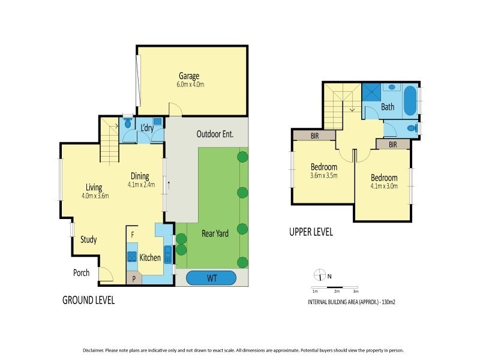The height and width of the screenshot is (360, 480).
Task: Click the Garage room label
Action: (188, 76)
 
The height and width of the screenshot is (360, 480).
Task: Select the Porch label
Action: (81, 273)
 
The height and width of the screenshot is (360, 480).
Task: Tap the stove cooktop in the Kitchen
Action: (132, 257)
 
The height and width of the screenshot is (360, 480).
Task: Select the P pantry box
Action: (133, 278)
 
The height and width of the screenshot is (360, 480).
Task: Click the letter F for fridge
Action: (132, 233)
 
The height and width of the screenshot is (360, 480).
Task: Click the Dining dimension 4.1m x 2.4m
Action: (141, 185)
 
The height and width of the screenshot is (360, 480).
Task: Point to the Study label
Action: (89, 239)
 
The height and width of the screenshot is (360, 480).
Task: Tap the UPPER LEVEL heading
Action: (311, 232)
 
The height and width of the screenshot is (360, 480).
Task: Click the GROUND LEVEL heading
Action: (88, 300)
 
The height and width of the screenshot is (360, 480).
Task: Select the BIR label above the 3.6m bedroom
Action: (314, 136)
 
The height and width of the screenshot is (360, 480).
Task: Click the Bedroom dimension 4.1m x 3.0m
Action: (384, 187)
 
